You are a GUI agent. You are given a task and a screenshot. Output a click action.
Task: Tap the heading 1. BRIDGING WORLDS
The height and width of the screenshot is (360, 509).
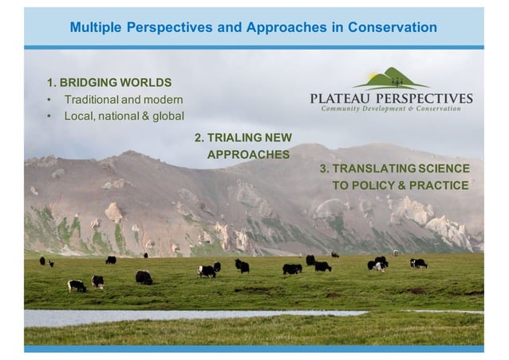(x=109, y=82)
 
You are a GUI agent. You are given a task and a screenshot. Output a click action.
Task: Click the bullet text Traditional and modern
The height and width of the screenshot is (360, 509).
(x=124, y=100)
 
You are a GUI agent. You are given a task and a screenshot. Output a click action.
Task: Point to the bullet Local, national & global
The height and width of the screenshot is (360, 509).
(x=124, y=116)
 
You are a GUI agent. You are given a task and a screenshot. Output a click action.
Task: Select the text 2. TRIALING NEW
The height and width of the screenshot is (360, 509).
(x=243, y=137)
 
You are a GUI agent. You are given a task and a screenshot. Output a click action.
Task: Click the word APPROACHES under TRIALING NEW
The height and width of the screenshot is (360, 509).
(x=248, y=153)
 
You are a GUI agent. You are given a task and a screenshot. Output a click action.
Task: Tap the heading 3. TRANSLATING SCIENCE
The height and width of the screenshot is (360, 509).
(x=394, y=168)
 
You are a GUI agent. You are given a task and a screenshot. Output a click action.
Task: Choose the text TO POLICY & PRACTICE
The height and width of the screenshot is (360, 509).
(x=400, y=185)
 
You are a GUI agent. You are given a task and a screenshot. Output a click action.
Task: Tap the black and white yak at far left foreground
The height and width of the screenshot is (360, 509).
(x=77, y=285)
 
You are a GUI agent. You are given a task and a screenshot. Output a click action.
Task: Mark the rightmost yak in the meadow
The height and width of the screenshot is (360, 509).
(x=419, y=263)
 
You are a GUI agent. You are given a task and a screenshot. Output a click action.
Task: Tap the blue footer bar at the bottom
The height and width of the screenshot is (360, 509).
(x=254, y=349)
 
